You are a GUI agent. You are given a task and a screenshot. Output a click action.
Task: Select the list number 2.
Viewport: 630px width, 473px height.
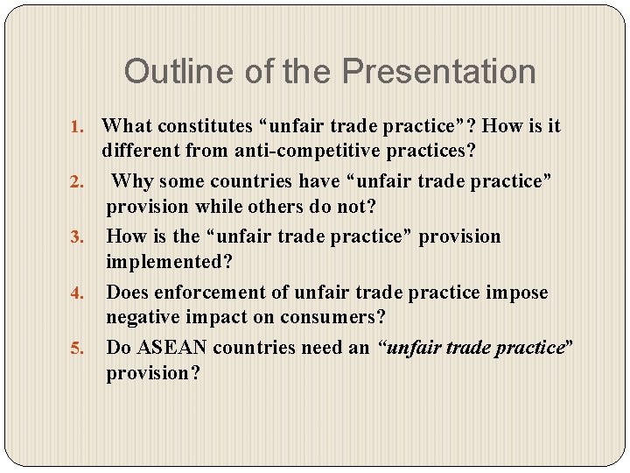click(x=76, y=183)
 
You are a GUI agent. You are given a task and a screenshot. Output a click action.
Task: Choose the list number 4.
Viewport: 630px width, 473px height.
click(x=76, y=293)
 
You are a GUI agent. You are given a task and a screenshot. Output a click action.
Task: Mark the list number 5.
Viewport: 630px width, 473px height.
click(x=76, y=349)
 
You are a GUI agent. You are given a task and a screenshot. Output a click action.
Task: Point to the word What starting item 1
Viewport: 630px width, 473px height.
click(x=125, y=126)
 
